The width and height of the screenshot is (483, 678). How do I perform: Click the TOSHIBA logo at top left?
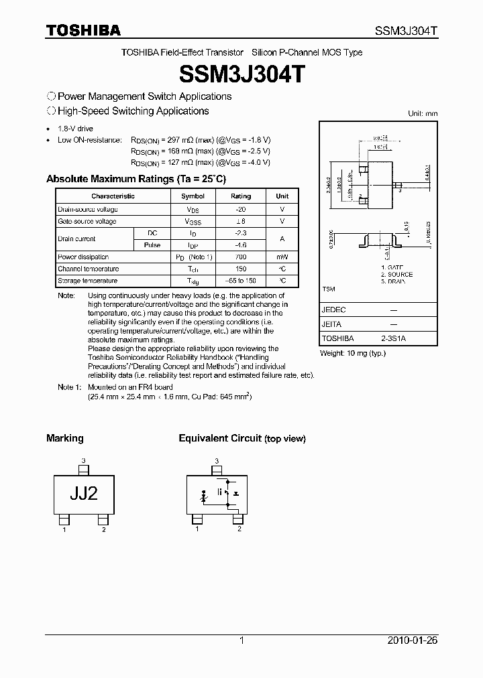point(83,30)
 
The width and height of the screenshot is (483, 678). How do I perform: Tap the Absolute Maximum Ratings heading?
point(136,179)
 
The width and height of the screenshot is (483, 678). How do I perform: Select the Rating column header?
point(241,196)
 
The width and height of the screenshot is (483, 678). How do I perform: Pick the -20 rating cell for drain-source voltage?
point(241,209)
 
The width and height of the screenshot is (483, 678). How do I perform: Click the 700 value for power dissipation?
point(241,257)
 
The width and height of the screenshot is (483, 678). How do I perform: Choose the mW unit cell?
point(282,257)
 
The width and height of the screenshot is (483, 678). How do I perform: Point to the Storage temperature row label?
point(88,281)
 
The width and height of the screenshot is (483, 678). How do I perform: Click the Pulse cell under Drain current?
point(152,245)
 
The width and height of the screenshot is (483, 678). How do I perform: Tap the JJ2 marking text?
point(84,493)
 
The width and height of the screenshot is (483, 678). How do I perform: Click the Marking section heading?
point(65,438)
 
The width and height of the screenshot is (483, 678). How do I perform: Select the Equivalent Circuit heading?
point(220,438)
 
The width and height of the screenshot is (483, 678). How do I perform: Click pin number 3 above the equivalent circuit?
point(217,461)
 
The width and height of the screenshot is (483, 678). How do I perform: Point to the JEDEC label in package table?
point(333,310)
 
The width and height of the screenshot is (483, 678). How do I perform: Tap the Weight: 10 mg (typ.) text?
point(353,352)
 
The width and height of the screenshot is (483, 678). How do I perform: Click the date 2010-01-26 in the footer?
point(413,640)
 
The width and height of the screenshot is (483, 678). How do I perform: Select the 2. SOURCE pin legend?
point(396,275)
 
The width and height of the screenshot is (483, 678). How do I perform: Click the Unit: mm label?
point(423,114)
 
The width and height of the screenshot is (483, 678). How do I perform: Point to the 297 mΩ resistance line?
point(201,140)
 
